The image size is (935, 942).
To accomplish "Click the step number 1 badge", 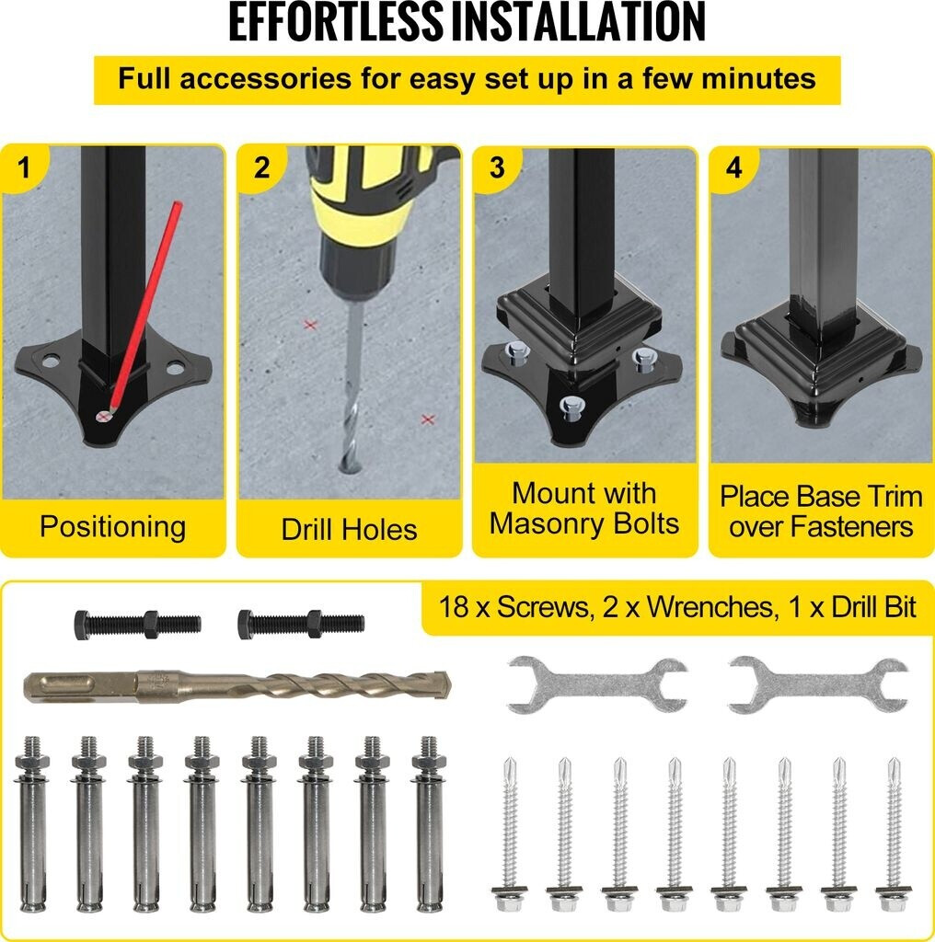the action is tap(23, 167).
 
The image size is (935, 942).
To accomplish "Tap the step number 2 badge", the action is tap(260, 167).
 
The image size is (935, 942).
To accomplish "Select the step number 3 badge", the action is tap(497, 167).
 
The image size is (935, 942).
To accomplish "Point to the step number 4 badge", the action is tap(733, 167).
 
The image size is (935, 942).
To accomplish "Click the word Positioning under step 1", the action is tap(113, 527).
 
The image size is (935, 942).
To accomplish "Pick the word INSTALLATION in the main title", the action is tap(577, 23).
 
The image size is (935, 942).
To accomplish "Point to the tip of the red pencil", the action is tap(110, 411).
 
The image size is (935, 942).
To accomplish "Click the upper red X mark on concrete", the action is tap(310, 325).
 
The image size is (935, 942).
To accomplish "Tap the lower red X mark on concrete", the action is tap(427, 419).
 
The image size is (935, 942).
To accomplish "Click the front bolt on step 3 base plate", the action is tap(570, 408).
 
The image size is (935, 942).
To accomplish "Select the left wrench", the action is tap(597, 684).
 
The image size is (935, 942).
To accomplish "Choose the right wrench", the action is tap(818, 684).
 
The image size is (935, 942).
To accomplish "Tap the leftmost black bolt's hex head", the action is tap(82, 625).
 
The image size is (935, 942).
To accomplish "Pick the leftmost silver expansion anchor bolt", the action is tap(33, 824).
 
